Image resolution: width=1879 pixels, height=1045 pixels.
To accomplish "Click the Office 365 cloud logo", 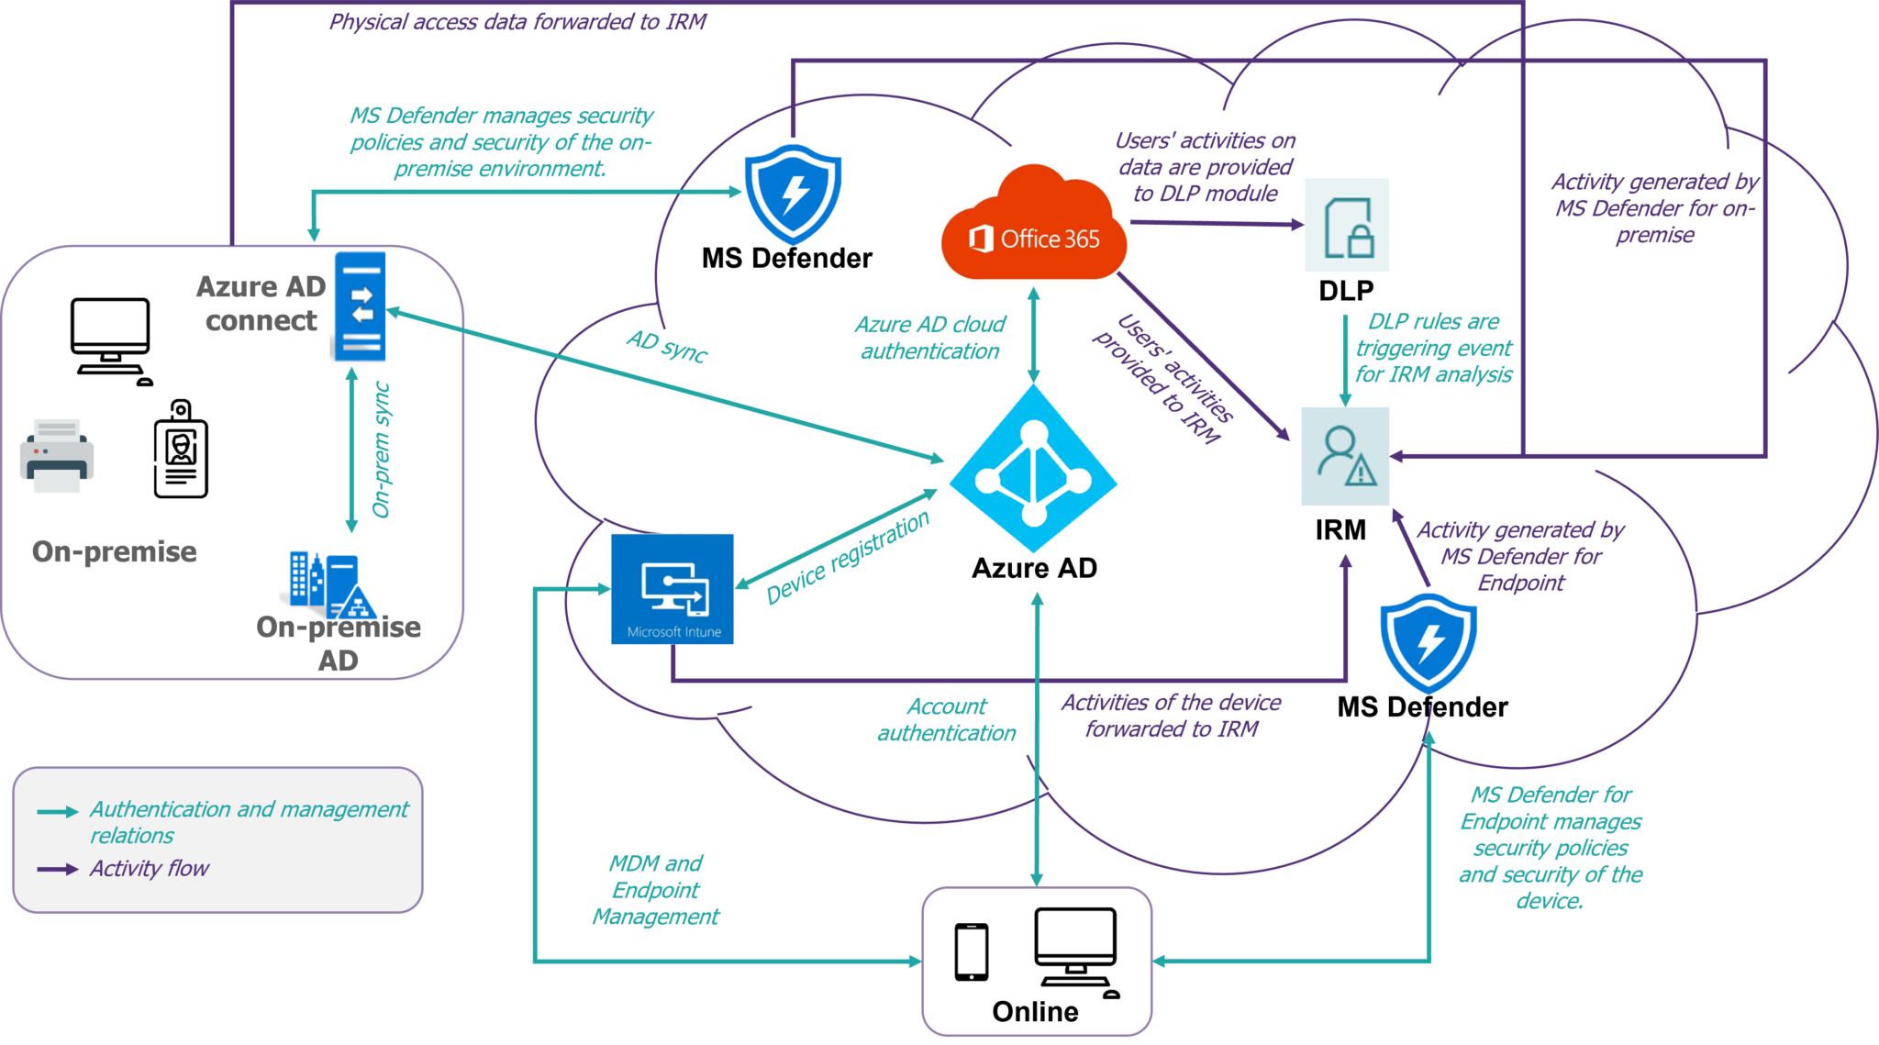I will coord(1033,222).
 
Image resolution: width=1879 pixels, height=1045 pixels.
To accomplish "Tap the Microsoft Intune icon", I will coord(673,589).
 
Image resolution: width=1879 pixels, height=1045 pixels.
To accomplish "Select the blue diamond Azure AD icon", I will coord(1033,469).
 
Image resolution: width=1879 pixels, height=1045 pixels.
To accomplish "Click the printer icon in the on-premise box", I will coord(57,456).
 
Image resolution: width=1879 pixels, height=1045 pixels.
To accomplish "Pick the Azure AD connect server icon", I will coord(360,306).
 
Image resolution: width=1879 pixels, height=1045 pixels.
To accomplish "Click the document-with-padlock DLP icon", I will coord(1346,226).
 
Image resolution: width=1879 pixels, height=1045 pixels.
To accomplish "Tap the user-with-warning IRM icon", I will coord(1345,456).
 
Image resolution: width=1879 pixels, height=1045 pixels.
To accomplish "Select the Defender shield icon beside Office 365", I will coord(793,192).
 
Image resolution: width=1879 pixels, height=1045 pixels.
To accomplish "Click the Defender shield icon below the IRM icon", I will coord(1429,640).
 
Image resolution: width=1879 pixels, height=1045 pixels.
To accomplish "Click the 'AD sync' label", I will coord(667,346).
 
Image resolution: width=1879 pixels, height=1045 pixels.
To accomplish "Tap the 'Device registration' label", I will coord(848,558).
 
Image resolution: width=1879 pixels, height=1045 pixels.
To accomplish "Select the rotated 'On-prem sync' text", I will coord(382,450).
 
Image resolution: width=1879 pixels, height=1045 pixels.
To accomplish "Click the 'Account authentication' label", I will coord(946,719).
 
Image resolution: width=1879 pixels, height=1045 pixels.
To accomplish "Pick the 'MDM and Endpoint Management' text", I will coord(655,890).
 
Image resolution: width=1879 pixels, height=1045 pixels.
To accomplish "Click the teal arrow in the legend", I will coord(57,812).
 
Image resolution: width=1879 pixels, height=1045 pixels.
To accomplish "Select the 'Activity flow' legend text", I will coord(149,868).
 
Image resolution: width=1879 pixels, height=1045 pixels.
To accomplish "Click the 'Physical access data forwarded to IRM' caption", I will coord(517,22).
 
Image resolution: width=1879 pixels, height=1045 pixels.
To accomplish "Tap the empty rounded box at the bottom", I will coord(1036,961).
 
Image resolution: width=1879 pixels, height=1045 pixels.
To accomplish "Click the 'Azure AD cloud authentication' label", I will coord(929,338).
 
